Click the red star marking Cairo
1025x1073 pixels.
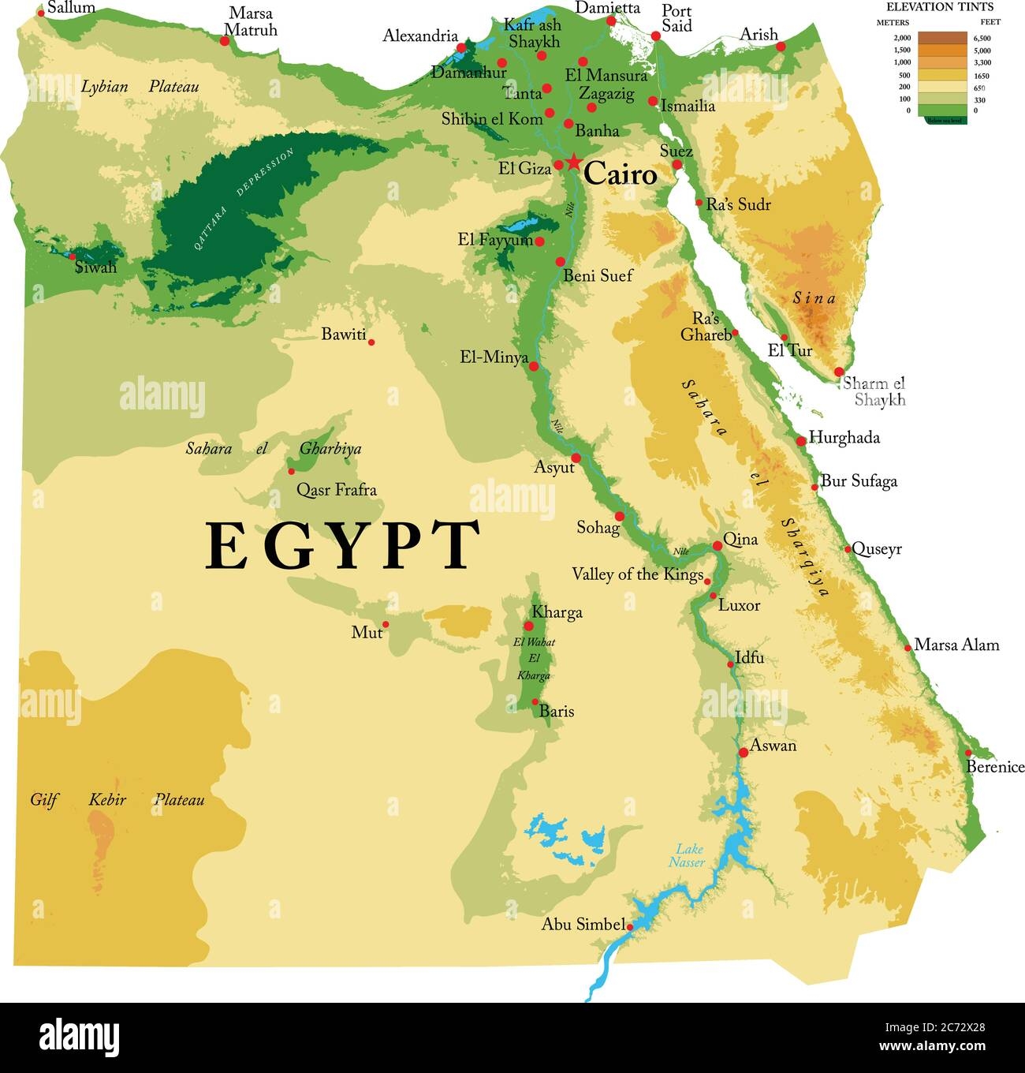572,163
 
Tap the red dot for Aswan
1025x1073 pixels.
743,753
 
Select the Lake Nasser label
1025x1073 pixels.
688,855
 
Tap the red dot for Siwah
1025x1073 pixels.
72,256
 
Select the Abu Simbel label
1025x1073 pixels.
583,924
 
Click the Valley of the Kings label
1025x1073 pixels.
637,574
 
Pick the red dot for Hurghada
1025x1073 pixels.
801,441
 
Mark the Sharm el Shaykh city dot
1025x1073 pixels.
839,372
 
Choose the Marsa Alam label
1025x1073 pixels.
956,645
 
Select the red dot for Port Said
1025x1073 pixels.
655,36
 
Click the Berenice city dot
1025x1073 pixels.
969,753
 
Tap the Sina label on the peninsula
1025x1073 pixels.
814,298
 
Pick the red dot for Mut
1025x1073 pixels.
386,624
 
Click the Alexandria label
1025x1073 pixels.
420,36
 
